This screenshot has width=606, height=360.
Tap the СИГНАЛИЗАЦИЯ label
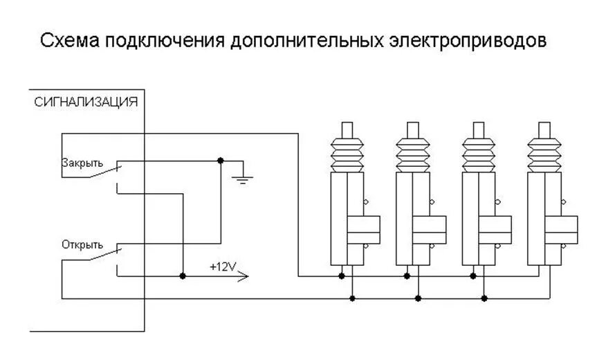click(86, 102)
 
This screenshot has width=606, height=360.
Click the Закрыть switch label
click(82, 163)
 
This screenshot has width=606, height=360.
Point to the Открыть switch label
click(82, 244)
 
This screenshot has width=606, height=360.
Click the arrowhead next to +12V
click(241, 277)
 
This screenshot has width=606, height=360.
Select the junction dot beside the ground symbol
click(220, 161)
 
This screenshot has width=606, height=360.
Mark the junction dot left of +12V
click(183, 276)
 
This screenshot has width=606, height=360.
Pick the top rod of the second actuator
click(412, 129)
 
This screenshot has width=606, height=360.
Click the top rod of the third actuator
click(478, 129)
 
